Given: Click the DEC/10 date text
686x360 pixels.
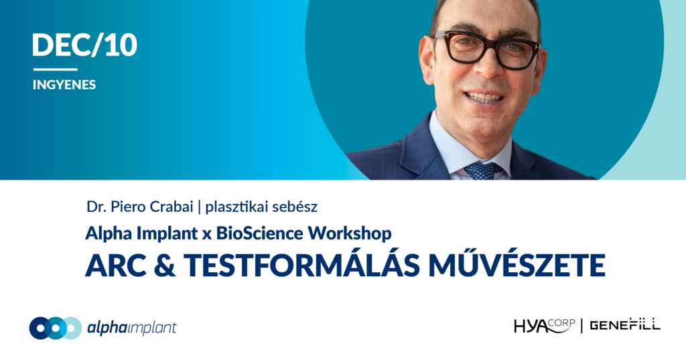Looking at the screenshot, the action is pos(84,45).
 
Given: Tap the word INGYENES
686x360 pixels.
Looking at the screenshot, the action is pos(64,84).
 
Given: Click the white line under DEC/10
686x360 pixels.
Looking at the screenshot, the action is pos(55,69).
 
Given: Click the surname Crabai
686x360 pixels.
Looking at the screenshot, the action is pos(171,206).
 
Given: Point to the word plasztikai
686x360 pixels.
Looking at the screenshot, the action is pos(237,206).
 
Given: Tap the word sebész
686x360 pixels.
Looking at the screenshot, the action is pos(295,206).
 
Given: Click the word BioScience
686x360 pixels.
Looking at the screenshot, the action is pos(259,233).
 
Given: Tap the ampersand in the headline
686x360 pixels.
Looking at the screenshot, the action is pos(165,265).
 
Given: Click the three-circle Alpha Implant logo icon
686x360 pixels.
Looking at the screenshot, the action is pos(56,328).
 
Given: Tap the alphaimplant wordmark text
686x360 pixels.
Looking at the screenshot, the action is pos(132,328).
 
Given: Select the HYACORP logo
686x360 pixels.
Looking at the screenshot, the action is pos(544,326).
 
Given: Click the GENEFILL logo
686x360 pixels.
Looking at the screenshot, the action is pos(625,325).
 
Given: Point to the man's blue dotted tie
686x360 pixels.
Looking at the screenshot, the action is pos(482,170).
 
